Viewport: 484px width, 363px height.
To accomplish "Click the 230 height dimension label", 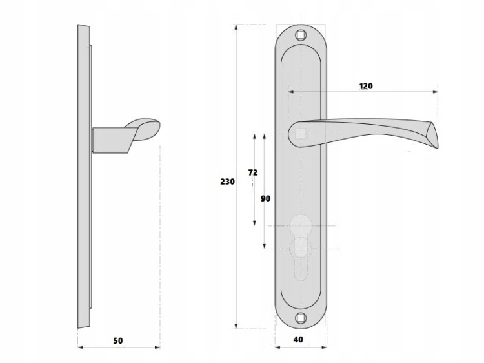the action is [227, 181].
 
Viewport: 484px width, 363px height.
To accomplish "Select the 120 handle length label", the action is [366, 86].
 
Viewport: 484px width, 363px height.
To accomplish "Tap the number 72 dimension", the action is [253, 172].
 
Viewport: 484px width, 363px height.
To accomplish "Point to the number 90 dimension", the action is [265, 199].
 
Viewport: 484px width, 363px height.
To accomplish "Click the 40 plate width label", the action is [298, 340].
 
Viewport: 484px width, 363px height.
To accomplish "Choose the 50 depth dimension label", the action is [118, 341].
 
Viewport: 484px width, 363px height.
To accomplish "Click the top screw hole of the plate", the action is [301, 36].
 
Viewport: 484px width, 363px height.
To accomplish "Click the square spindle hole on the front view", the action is [301, 134].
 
